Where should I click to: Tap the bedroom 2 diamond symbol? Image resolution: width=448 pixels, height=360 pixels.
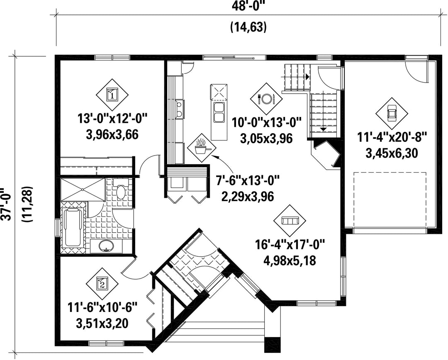pos(102,283)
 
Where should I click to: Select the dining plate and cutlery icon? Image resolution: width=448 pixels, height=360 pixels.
pos(266,99)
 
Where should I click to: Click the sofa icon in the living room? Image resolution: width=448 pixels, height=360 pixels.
pos(290,221)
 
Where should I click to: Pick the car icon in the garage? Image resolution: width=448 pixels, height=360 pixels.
pos(392,113)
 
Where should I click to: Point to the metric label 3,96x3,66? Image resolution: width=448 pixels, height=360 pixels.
pos(112,134)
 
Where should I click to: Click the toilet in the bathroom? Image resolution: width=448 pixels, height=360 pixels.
pos(121,190)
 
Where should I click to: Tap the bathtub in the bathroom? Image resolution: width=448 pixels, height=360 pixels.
pos(73,228)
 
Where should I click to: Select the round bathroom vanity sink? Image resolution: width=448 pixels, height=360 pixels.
pos(107,246)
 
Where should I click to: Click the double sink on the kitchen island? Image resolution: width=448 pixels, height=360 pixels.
pos(219,112)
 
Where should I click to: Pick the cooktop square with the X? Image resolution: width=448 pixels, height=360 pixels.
pos(219,92)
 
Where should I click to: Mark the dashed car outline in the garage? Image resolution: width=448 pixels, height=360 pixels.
pos(390,199)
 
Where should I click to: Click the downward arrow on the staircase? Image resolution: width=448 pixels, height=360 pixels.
pos(323,129)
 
